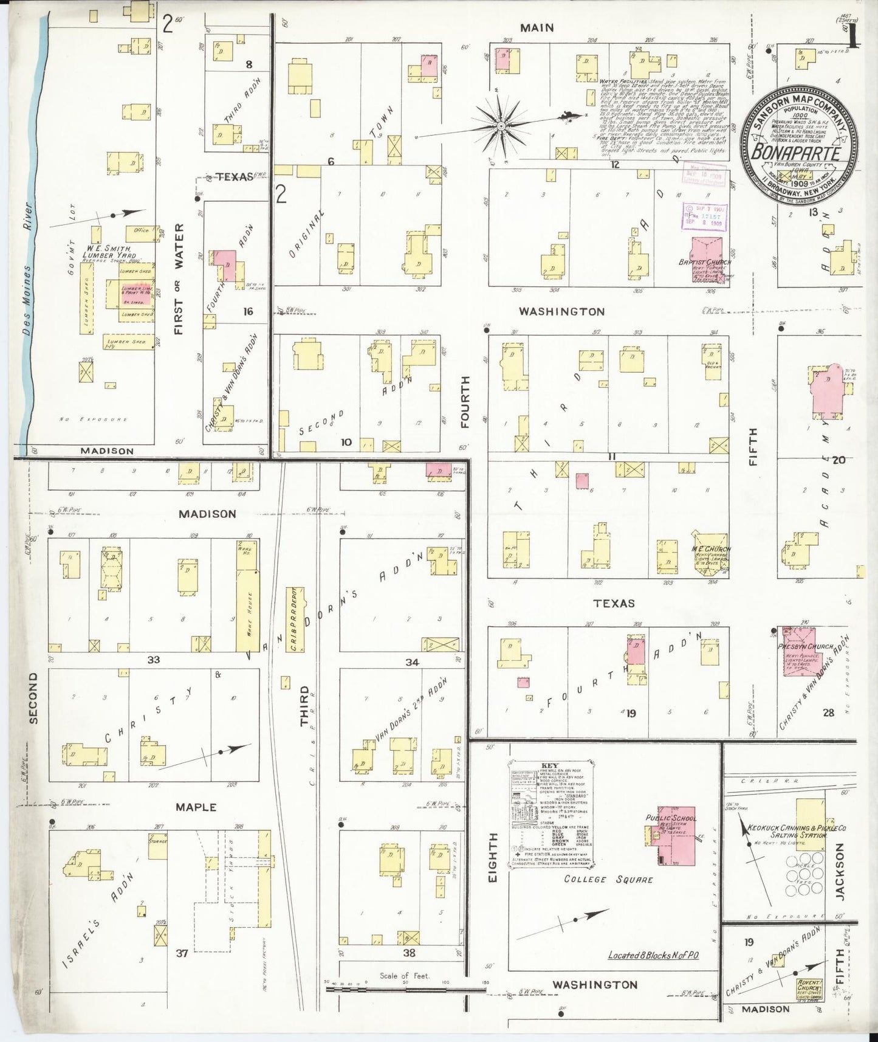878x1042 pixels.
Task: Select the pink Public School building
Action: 677,835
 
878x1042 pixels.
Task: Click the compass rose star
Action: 501,126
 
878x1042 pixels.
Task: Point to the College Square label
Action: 608,879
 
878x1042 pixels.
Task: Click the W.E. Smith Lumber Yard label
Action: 109,252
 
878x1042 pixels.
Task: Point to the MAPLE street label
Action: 196,807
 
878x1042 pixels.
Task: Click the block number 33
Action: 154,659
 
